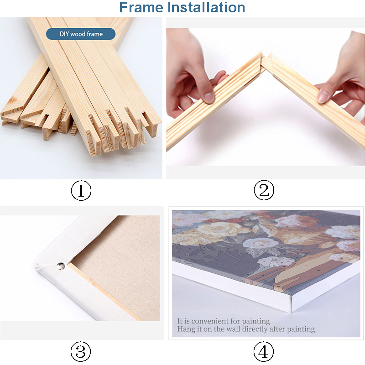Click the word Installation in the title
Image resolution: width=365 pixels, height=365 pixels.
click(x=207, y=7)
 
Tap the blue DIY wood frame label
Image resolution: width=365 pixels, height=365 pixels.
click(x=81, y=34)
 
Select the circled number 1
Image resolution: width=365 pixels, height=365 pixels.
click(x=81, y=191)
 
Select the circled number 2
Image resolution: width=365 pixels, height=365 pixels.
click(x=264, y=191)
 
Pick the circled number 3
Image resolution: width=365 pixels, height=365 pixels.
click(x=81, y=351)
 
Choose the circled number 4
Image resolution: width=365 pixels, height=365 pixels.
click(x=264, y=351)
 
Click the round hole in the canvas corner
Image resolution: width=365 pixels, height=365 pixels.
click(x=60, y=265)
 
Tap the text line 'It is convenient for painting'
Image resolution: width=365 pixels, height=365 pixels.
click(x=224, y=321)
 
